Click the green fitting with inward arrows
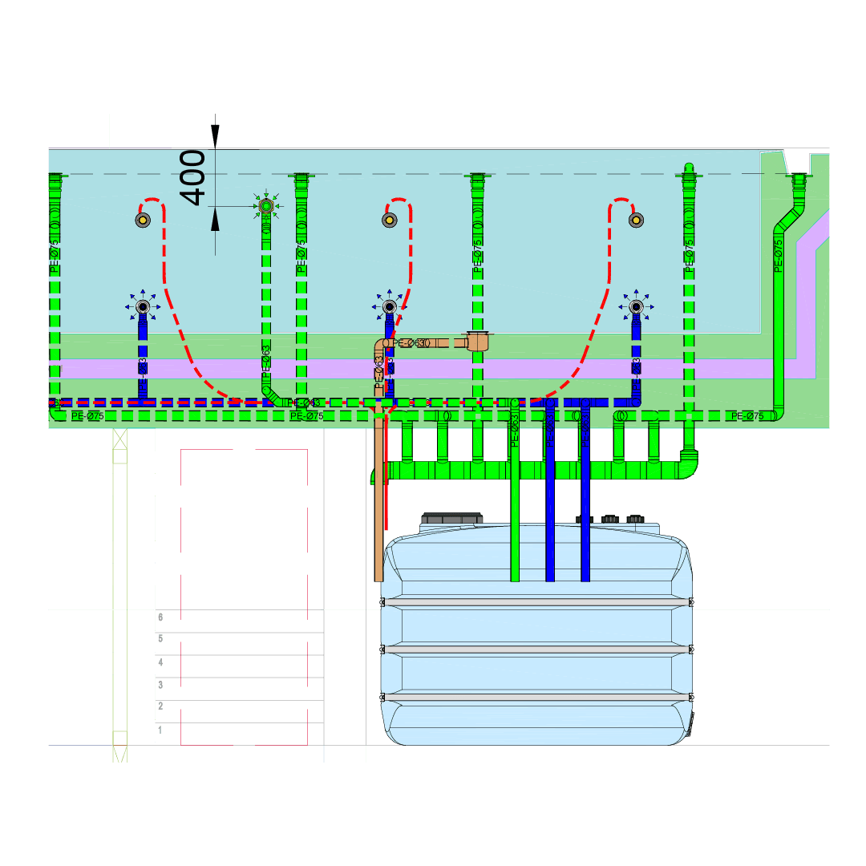point(266,207)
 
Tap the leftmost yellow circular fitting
point(143,221)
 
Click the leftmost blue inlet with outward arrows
point(143,306)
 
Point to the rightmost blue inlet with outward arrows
point(635,306)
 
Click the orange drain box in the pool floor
point(479,342)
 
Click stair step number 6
point(160,617)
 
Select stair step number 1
point(160,730)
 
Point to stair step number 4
point(160,663)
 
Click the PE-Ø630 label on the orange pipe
point(411,343)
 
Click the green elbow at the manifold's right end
point(687,464)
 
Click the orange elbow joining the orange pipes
point(379,346)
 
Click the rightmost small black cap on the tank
point(636,520)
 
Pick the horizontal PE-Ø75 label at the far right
point(747,416)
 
